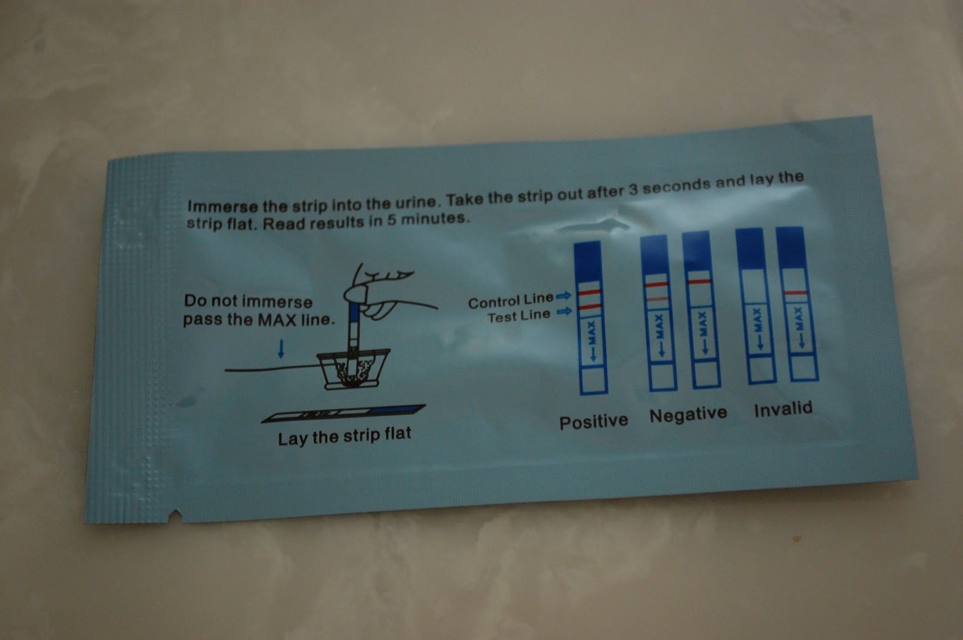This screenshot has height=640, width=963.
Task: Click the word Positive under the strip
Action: tap(593, 422)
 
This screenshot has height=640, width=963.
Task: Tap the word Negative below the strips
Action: tap(689, 414)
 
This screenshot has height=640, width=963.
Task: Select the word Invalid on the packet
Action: tap(783, 408)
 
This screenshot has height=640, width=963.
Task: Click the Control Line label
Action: tap(511, 301)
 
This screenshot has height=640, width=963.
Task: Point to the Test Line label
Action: tap(519, 316)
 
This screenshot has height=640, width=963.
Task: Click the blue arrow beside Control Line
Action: tap(563, 295)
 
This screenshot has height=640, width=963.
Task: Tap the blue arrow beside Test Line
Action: tap(564, 312)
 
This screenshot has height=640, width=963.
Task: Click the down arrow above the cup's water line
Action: tap(281, 348)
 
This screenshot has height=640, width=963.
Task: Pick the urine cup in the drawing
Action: tap(353, 369)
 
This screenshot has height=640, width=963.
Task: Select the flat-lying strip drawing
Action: tap(344, 413)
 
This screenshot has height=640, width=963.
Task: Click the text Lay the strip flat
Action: tap(344, 437)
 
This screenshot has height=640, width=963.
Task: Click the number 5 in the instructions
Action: tap(391, 220)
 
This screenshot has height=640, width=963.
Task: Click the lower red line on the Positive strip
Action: tap(590, 307)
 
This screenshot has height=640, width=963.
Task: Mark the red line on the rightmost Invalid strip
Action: tap(796, 293)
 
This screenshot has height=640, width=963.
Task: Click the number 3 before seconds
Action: tap(633, 190)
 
